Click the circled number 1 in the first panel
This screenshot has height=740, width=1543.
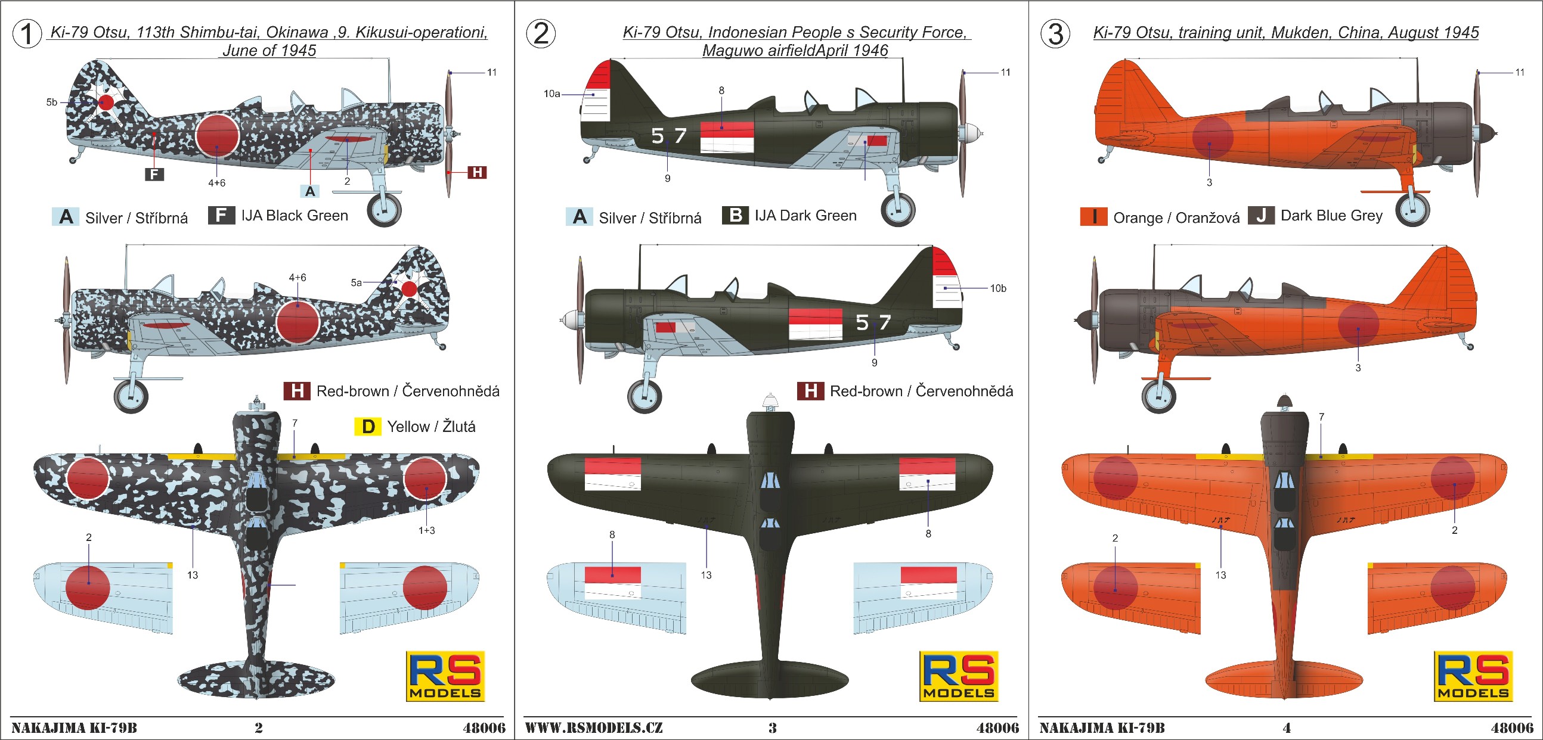click(x=27, y=33)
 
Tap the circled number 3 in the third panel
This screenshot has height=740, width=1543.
click(x=1055, y=33)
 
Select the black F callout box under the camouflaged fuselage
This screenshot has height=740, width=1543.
click(x=154, y=174)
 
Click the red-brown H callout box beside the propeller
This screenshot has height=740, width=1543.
click(x=477, y=172)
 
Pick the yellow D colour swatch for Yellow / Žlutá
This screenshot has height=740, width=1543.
click(x=368, y=426)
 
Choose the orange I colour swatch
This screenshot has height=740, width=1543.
click(x=1094, y=216)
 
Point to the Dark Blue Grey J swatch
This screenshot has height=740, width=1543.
click(x=1261, y=216)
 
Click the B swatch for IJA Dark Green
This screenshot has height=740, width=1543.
click(x=735, y=215)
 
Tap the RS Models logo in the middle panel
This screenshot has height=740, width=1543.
click(x=958, y=676)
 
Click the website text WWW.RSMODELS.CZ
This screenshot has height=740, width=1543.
click(x=594, y=727)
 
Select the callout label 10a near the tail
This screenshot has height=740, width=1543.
click(x=551, y=94)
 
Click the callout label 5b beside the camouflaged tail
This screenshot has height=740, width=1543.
click(x=52, y=102)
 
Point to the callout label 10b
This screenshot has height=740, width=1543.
click(x=998, y=288)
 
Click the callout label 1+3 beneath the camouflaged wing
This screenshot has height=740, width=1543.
click(x=426, y=530)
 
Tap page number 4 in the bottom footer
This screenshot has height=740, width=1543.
click(x=1287, y=727)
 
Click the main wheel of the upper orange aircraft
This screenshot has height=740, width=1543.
click(x=1412, y=209)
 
